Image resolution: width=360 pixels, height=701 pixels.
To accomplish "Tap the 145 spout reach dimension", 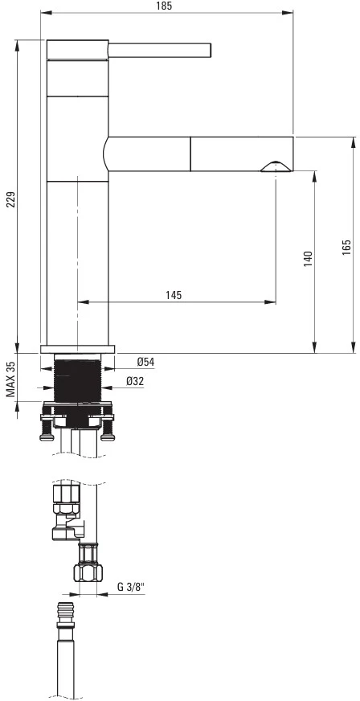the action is pyautogui.click(x=174, y=295).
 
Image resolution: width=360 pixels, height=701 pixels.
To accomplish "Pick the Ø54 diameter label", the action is pyautogui.click(x=145, y=362).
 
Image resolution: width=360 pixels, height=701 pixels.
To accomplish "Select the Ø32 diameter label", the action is pyautogui.click(x=135, y=381).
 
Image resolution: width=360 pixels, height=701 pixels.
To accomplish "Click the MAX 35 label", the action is pyautogui.click(x=11, y=379).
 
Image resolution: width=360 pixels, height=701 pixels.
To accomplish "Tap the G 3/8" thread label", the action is pyautogui.click(x=129, y=588).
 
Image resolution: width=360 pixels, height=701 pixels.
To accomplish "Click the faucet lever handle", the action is pyautogui.click(x=159, y=50).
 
